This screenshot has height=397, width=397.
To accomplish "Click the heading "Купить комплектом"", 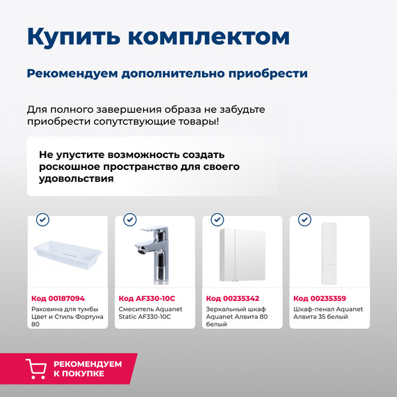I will pos(158,36).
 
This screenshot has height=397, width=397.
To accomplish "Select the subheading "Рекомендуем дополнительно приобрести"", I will pos(167,73).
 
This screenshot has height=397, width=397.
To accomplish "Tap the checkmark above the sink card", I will pos(42,220).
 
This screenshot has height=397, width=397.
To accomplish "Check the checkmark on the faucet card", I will pos(130,220).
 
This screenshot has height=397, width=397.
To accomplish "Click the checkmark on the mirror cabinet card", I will pos(217,220).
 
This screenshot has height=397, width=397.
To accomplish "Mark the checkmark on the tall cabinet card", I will pos(304,220).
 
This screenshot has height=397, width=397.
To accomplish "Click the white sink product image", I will pos(68,254).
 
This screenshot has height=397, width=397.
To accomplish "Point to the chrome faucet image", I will pos(155,254).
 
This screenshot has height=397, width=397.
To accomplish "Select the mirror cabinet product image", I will pos(242,254).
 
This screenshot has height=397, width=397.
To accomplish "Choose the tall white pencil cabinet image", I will pos(329,254).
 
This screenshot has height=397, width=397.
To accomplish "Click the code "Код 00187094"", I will pos(59,298).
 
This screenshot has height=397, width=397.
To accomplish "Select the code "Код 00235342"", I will pos(233,298).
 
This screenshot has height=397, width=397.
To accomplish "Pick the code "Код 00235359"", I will pos(320,298).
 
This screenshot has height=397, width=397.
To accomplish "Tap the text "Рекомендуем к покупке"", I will pos(87,368).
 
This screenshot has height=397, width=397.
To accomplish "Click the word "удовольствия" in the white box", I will pos(76,179).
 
